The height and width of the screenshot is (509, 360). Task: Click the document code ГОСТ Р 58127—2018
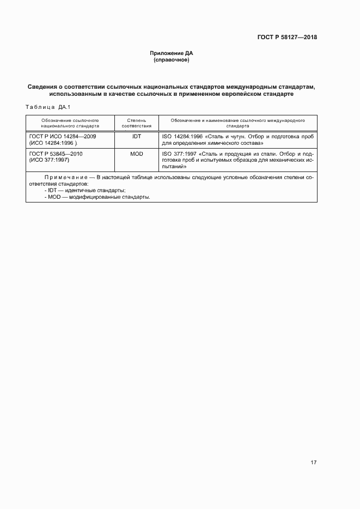click(x=288, y=38)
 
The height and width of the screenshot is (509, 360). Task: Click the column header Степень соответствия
click(x=136, y=122)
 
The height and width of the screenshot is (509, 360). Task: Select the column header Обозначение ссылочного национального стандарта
click(x=70, y=122)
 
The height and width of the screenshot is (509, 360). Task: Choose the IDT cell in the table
click(x=136, y=137)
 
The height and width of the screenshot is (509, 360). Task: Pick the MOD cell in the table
click(x=136, y=154)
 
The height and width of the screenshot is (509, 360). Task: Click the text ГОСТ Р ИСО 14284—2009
click(x=62, y=137)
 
